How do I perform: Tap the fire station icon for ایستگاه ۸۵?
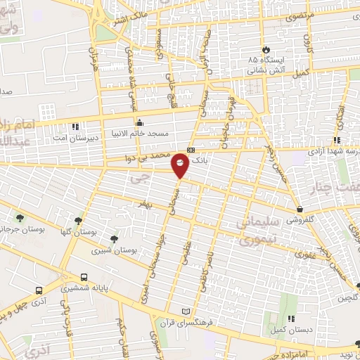(x=266, y=49)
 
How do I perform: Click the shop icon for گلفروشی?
(x=300, y=209)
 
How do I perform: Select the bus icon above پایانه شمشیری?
(x=84, y=277)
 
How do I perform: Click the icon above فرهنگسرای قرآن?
(x=186, y=310)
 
